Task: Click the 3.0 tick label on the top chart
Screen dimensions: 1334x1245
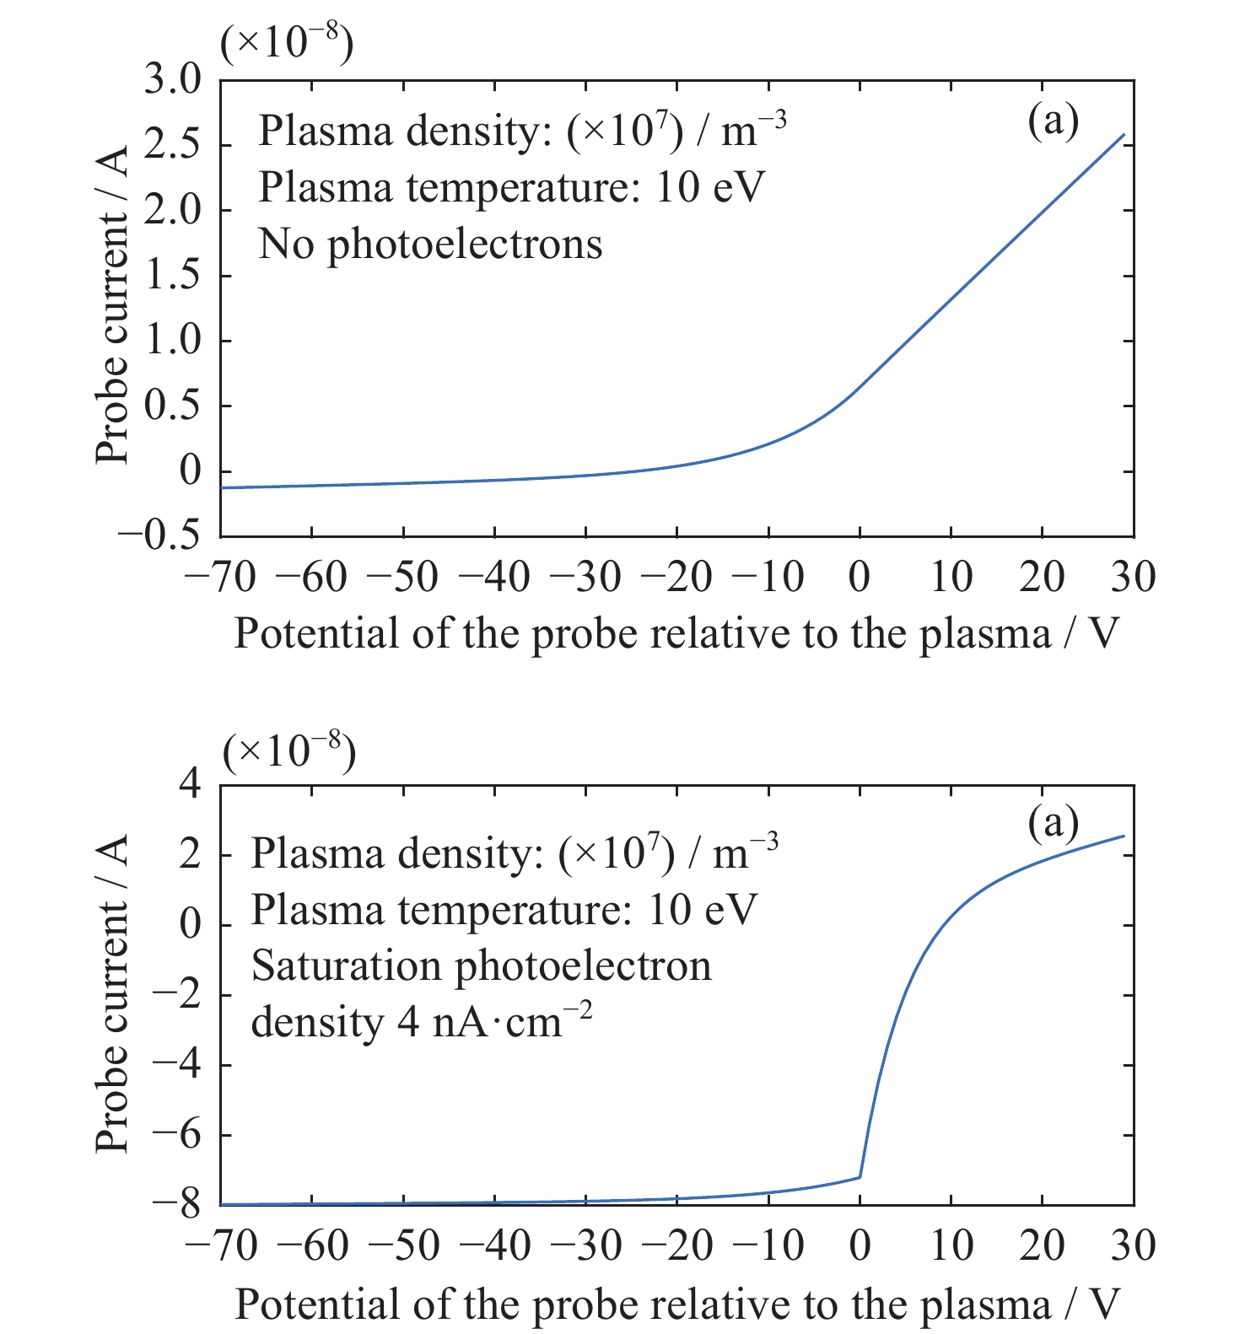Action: point(172,81)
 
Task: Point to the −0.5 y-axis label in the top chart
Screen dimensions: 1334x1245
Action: point(160,535)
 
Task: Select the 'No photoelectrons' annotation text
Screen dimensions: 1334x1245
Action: point(430,245)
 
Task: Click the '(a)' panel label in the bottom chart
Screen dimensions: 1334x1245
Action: point(1053,822)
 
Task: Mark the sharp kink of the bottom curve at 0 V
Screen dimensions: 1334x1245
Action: point(860,1176)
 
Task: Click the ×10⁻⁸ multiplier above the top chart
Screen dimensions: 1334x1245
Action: point(287,42)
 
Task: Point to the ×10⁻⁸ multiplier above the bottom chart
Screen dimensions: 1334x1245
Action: point(288,750)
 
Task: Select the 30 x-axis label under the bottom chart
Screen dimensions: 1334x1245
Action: point(1133,1246)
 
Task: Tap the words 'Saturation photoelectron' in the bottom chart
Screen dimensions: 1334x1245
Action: point(482,966)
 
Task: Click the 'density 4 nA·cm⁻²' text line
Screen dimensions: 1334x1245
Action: point(422,1022)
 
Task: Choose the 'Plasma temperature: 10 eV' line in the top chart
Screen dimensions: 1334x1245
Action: point(511,187)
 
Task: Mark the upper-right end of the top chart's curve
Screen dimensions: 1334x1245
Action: point(1124,134)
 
